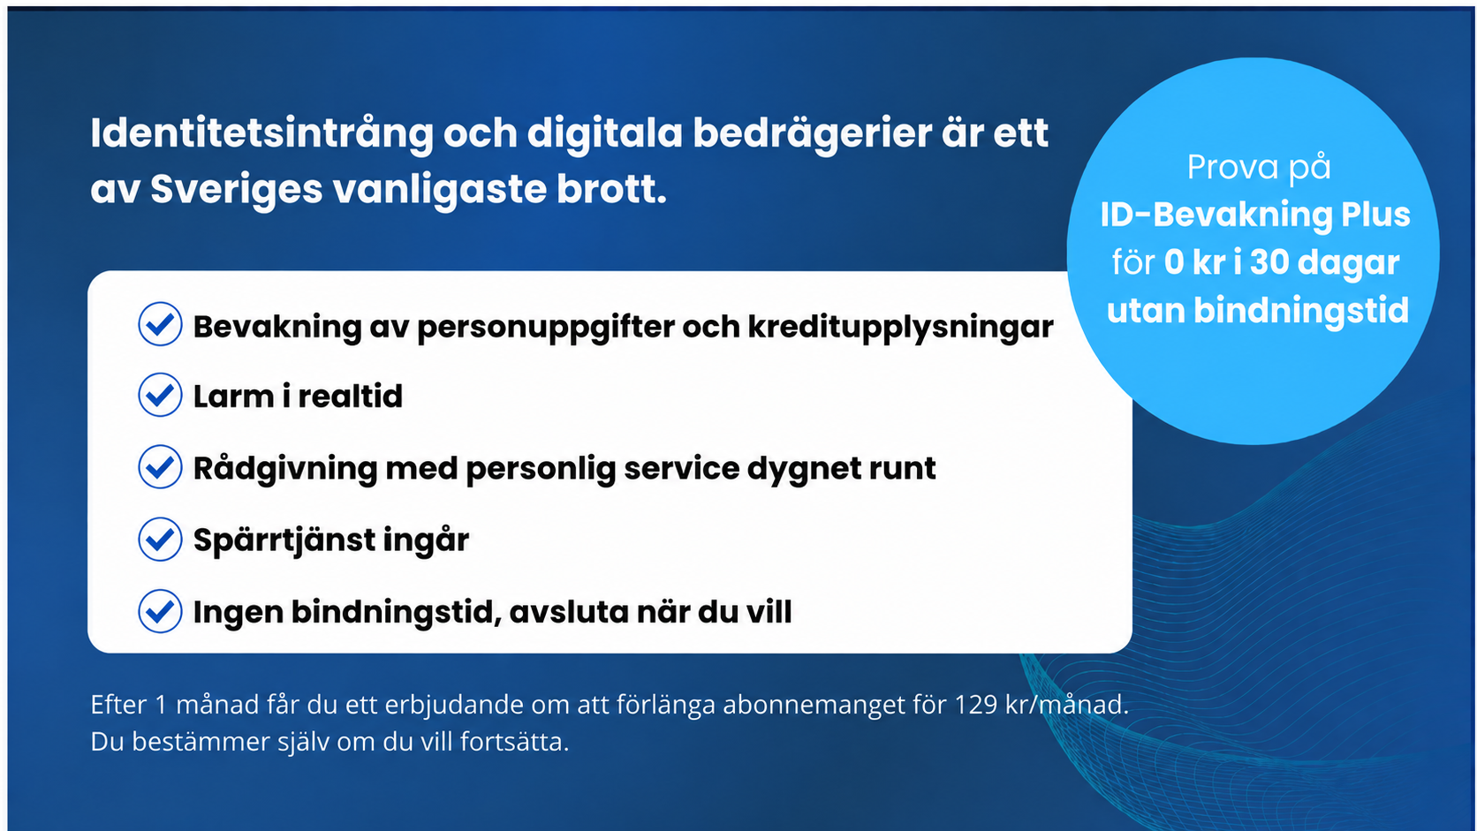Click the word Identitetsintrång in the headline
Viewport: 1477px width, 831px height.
click(x=261, y=134)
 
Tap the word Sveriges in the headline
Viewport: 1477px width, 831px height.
click(x=236, y=189)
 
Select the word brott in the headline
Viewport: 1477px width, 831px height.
click(x=611, y=189)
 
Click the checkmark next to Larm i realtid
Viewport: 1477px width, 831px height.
click(x=160, y=396)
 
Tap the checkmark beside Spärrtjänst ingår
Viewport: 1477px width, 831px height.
click(x=160, y=539)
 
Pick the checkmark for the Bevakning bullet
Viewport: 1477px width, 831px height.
click(x=160, y=323)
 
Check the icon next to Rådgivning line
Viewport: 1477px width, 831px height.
click(x=160, y=467)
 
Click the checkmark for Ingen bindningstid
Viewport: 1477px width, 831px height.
click(x=160, y=611)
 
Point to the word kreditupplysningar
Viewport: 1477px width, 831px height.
click(x=901, y=328)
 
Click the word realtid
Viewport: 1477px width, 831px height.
click(x=350, y=397)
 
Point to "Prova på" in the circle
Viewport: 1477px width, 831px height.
click(x=1259, y=168)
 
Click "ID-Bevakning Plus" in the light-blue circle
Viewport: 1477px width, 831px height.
click(x=1255, y=215)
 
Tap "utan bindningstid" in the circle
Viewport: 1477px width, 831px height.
click(x=1257, y=311)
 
